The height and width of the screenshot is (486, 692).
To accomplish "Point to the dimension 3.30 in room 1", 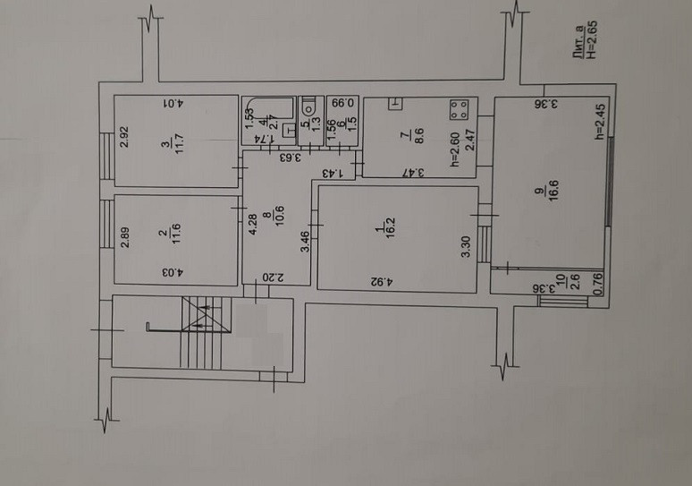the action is (465, 246).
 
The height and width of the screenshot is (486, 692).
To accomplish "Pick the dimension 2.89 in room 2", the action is (126, 239).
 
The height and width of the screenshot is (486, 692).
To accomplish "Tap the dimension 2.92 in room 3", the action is (126, 138).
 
